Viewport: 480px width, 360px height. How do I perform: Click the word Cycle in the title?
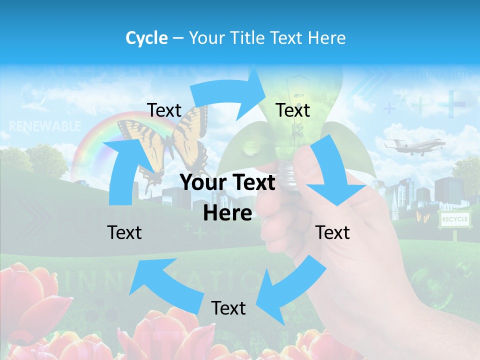click(x=146, y=38)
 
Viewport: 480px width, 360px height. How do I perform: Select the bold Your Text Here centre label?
click(x=228, y=197)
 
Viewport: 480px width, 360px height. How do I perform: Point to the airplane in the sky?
click(x=414, y=144)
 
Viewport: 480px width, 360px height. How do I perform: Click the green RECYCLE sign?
click(x=454, y=219)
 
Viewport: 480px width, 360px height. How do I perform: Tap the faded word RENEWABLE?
click(x=44, y=125)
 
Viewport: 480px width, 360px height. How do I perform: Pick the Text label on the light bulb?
click(x=293, y=110)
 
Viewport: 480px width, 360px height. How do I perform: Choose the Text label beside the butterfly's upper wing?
click(x=164, y=110)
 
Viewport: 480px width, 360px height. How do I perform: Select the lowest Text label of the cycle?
click(x=228, y=308)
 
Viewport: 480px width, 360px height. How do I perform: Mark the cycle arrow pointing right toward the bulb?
click(x=230, y=92)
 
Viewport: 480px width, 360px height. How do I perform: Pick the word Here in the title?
click(x=327, y=38)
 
